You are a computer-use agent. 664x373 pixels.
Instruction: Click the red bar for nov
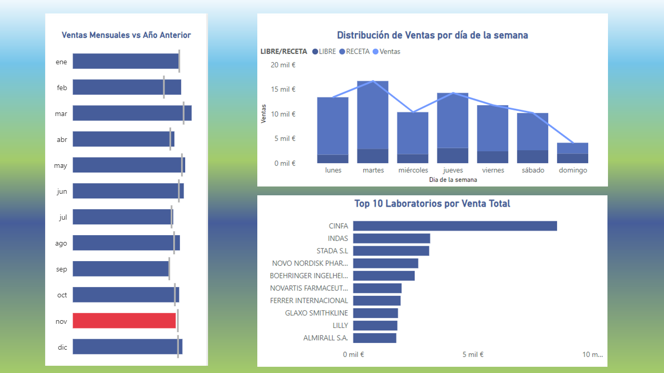(124, 321)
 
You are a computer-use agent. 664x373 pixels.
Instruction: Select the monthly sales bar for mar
(132, 113)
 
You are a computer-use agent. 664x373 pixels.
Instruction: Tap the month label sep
(62, 269)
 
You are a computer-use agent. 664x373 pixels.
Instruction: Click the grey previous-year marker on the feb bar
(164, 87)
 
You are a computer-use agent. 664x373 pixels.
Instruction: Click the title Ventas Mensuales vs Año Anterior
(126, 35)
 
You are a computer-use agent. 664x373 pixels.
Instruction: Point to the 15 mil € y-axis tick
(283, 89)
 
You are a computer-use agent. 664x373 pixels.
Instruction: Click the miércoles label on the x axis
(413, 170)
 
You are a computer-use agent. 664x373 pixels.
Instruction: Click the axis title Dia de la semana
(453, 180)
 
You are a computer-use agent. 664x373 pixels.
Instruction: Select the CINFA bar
(455, 226)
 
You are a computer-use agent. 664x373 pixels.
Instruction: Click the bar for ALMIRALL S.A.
(375, 338)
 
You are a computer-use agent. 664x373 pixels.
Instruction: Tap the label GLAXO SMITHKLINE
(316, 313)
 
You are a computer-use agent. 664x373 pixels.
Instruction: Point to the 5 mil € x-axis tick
(473, 354)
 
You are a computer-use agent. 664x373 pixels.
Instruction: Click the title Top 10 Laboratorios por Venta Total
(432, 204)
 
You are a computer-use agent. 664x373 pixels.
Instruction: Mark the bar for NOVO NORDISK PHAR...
(385, 263)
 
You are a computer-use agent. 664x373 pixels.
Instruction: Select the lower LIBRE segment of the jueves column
(452, 155)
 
